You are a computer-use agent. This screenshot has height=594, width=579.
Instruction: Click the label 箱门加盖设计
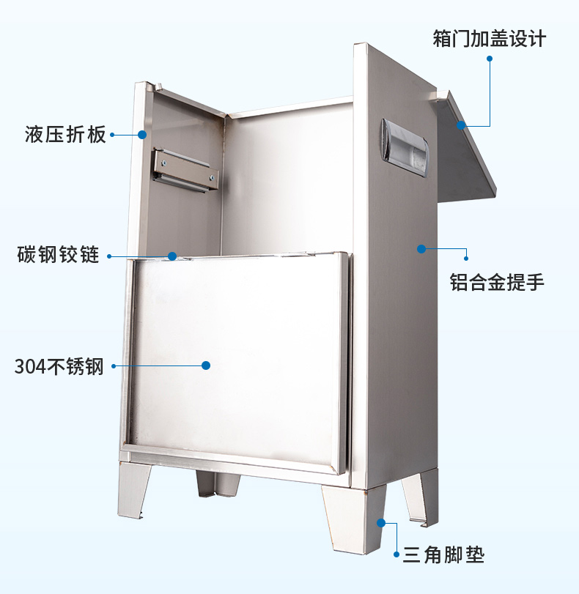click(x=489, y=38)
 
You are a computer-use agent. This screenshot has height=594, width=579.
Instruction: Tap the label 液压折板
click(x=65, y=135)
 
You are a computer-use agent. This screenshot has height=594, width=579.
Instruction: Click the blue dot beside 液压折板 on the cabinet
click(x=142, y=135)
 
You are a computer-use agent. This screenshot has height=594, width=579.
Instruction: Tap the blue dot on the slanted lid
click(x=462, y=126)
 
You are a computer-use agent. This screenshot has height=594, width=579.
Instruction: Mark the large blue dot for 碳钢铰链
click(x=172, y=256)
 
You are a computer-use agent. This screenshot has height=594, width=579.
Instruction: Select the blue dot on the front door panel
click(x=206, y=365)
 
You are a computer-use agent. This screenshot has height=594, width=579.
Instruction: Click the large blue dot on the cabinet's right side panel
click(x=421, y=249)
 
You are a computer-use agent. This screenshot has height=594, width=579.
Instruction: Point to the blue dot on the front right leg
click(x=380, y=522)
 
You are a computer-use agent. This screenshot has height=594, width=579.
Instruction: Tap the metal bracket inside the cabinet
click(x=185, y=170)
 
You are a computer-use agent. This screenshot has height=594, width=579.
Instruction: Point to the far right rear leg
click(x=420, y=498)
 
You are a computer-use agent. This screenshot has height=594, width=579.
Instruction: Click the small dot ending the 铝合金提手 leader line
click(x=466, y=257)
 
